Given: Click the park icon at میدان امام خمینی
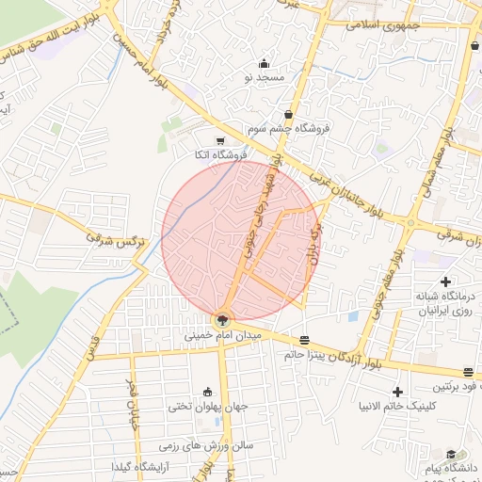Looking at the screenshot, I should point(222,320).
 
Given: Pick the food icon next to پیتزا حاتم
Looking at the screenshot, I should point(304,341).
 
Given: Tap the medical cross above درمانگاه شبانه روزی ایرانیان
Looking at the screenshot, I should point(445,281).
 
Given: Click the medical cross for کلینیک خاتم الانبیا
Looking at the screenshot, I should point(398,392).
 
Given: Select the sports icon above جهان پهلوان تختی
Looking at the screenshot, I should point(207,393).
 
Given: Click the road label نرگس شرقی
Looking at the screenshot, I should point(117,241).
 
